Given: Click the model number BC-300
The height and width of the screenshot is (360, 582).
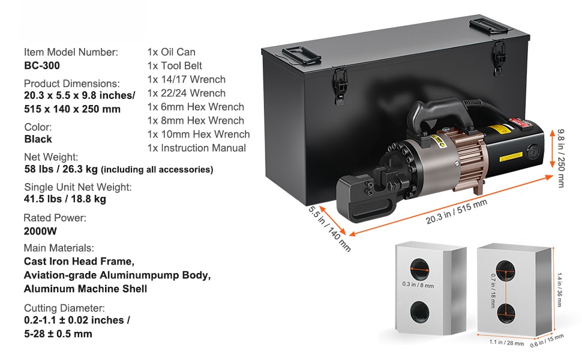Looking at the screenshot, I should click(42, 66).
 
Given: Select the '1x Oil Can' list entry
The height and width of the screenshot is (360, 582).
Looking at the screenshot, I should click(171, 52).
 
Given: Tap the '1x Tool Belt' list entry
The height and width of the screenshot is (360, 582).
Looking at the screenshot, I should click(175, 66).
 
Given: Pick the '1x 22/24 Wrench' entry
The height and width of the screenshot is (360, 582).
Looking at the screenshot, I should click(186, 93).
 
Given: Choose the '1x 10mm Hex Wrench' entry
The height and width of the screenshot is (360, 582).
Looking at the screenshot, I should click(198, 134).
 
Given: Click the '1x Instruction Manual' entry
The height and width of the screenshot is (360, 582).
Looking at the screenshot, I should click(196, 148).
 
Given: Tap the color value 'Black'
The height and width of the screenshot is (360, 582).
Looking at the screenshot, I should click(38, 139).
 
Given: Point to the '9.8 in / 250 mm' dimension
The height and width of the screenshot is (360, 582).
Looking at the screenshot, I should click(560, 158).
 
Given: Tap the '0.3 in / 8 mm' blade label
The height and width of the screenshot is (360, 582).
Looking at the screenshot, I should click(417, 285).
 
